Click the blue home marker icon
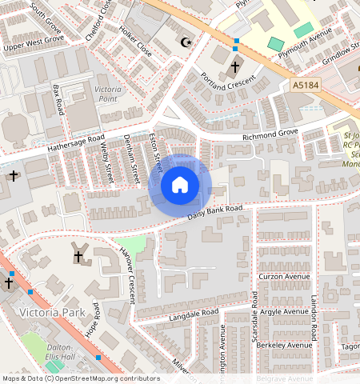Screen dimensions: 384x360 [180, 186]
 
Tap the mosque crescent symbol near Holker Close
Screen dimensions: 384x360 [187, 42]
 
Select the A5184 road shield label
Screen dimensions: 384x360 [305, 84]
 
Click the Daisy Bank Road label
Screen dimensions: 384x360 [214, 214]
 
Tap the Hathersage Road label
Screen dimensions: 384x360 [75, 142]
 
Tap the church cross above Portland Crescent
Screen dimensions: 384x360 [235, 66]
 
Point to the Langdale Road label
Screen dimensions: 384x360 [194, 314]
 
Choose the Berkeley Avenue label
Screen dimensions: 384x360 [286, 345]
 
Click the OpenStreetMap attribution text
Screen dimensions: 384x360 [81, 378]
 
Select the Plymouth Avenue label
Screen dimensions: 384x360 [304, 42]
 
